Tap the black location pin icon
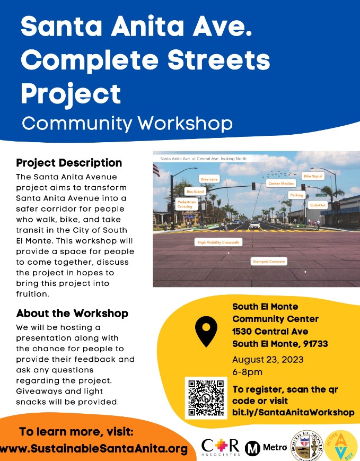click(x=206, y=329)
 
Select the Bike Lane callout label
click(x=209, y=179)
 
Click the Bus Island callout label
click(x=195, y=192)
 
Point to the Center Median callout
click(x=280, y=184)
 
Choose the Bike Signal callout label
click(x=312, y=176)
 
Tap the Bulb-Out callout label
click(x=318, y=205)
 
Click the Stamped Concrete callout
click(x=268, y=262)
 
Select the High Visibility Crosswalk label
click(x=218, y=242)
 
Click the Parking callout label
click(x=296, y=195)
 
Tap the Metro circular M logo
click(x=252, y=448)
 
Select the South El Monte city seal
click(x=307, y=445)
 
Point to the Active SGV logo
click(x=343, y=445)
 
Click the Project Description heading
click(x=69, y=163)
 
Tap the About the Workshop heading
click(x=72, y=313)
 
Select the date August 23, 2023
click(x=268, y=360)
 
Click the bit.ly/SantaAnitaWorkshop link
click(x=293, y=412)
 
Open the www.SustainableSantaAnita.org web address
click(x=94, y=449)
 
